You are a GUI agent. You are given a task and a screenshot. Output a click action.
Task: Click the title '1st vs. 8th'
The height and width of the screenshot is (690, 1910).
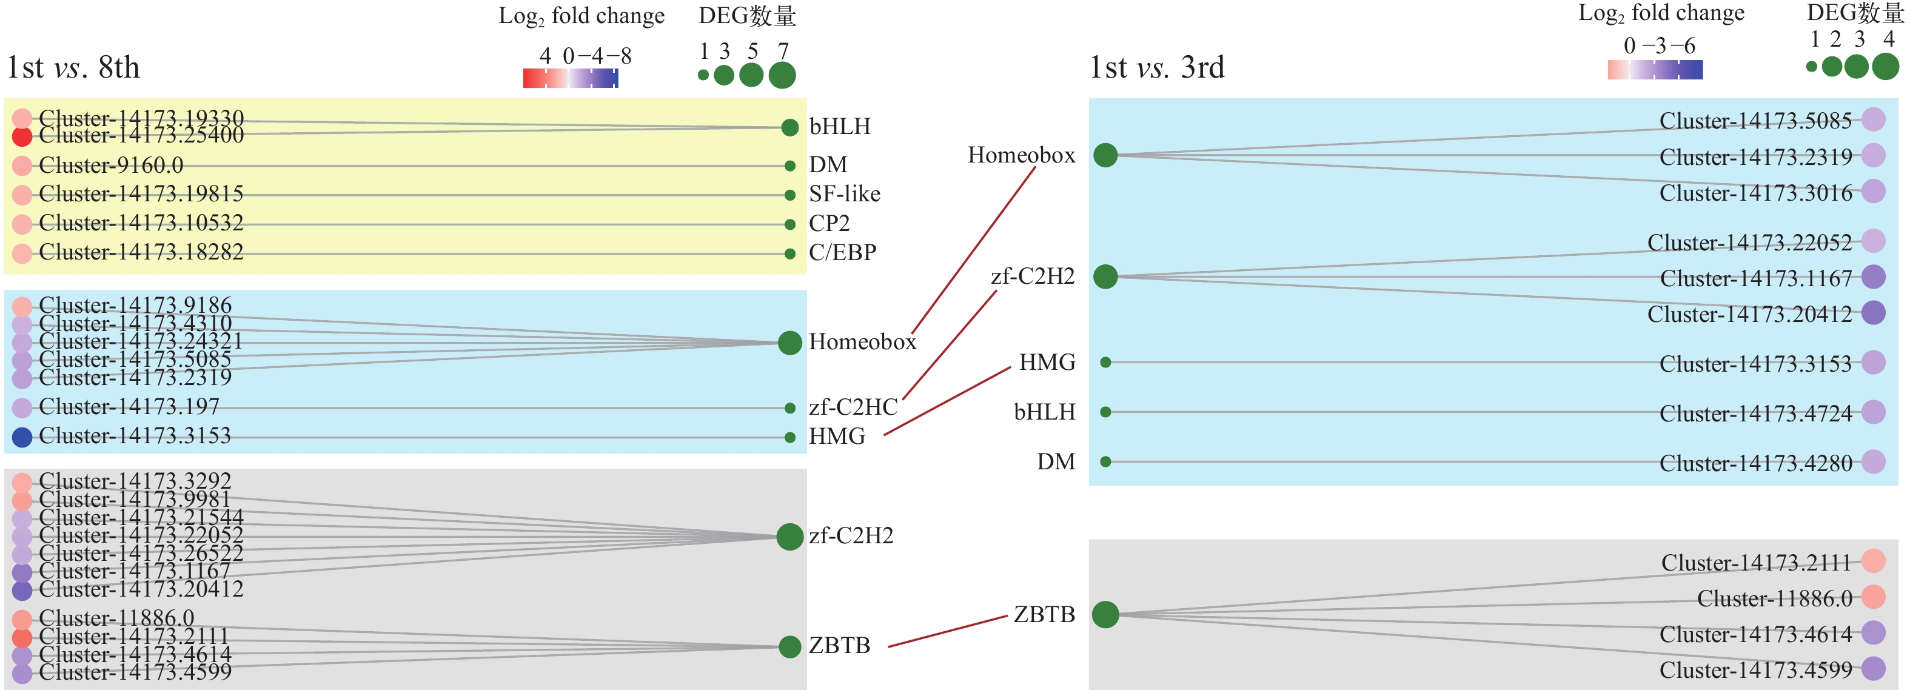[x=73, y=67]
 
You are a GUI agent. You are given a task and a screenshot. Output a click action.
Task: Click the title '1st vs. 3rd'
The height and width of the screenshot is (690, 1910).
[x=1156, y=67]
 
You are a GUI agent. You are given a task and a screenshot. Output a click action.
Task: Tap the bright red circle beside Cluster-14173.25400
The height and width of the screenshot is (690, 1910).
[x=22, y=136]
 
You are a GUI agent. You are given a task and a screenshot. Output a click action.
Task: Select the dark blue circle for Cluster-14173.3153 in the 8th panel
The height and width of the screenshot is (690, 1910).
[x=22, y=437]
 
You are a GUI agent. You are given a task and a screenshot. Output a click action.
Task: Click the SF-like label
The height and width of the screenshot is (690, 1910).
[x=845, y=194]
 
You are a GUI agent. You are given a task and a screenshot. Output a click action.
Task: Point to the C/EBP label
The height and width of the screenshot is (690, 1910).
[x=842, y=253]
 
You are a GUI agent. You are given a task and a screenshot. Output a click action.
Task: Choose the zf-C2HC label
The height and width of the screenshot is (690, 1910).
[x=853, y=407]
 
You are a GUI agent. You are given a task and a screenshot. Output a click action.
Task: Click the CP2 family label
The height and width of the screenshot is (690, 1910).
[x=829, y=223]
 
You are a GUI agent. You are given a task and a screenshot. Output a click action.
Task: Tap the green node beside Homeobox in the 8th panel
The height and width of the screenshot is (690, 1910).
[x=789, y=343]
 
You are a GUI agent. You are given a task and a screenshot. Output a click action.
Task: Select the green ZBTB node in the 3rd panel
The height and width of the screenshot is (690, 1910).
[x=1105, y=614]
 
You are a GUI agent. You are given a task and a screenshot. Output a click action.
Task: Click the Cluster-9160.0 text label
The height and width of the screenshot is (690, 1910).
[x=111, y=166]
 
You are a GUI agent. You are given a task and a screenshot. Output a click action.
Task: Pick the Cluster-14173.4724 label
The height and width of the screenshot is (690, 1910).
[x=1755, y=414]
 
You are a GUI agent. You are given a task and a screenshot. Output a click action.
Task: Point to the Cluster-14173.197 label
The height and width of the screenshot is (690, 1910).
[x=129, y=406]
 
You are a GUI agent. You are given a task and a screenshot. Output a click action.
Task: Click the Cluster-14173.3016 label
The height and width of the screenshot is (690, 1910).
[x=1755, y=193]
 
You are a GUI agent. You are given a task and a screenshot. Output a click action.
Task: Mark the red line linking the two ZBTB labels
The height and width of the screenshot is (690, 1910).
[x=948, y=631]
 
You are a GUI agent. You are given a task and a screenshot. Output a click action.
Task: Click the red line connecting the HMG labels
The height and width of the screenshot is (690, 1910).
[x=948, y=400]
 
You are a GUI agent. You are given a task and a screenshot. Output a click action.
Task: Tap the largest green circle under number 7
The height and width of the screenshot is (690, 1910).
[x=782, y=75]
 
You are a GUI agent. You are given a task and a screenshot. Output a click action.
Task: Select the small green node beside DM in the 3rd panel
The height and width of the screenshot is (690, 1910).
[x=1105, y=462]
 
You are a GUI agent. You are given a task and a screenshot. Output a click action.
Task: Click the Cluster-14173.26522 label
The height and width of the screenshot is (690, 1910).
[x=141, y=553]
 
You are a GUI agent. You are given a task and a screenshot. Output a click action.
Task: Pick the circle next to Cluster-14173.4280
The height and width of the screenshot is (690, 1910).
[x=1873, y=462]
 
